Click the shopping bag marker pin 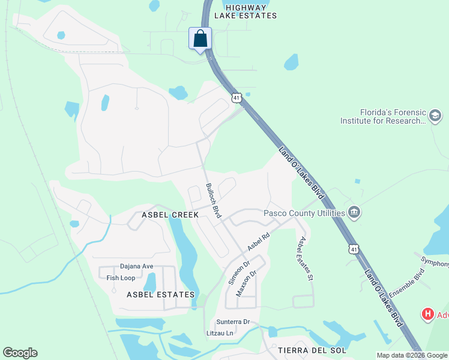pos(200,39)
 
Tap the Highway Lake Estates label pos(243,10)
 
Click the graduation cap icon pos(435,115)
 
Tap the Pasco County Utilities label pos(304,213)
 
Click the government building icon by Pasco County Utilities pos(354,212)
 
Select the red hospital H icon pos(427,314)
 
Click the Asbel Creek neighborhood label pos(166,215)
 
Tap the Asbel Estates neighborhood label pos(161,295)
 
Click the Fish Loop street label pos(121,278)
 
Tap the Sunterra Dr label pos(233,322)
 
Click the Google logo pos(20,353)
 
